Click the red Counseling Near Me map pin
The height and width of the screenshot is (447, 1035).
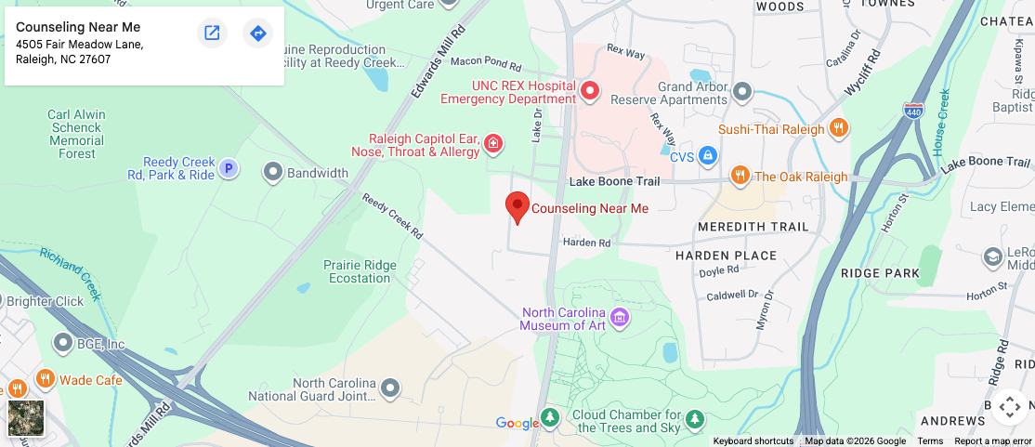517,206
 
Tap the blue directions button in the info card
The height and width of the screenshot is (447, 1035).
258,33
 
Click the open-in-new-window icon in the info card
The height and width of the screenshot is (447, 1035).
212,33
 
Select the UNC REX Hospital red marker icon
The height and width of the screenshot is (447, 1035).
590,91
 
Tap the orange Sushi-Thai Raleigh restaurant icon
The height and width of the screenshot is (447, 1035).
838,128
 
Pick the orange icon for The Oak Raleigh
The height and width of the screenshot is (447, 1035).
740,176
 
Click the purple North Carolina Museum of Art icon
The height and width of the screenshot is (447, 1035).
620,320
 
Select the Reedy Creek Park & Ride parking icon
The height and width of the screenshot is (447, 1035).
229,169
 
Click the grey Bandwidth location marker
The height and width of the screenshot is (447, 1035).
273,172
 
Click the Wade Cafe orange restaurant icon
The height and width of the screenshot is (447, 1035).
45,379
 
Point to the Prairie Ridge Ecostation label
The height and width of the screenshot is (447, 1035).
358,271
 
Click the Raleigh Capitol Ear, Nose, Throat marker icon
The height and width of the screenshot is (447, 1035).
493,143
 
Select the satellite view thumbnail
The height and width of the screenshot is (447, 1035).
26,417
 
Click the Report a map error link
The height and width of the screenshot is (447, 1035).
993,441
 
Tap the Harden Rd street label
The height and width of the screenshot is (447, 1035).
586,243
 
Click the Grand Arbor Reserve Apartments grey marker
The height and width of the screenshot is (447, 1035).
741,91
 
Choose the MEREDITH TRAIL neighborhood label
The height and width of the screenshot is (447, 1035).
753,227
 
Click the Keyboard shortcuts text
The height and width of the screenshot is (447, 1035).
753,441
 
